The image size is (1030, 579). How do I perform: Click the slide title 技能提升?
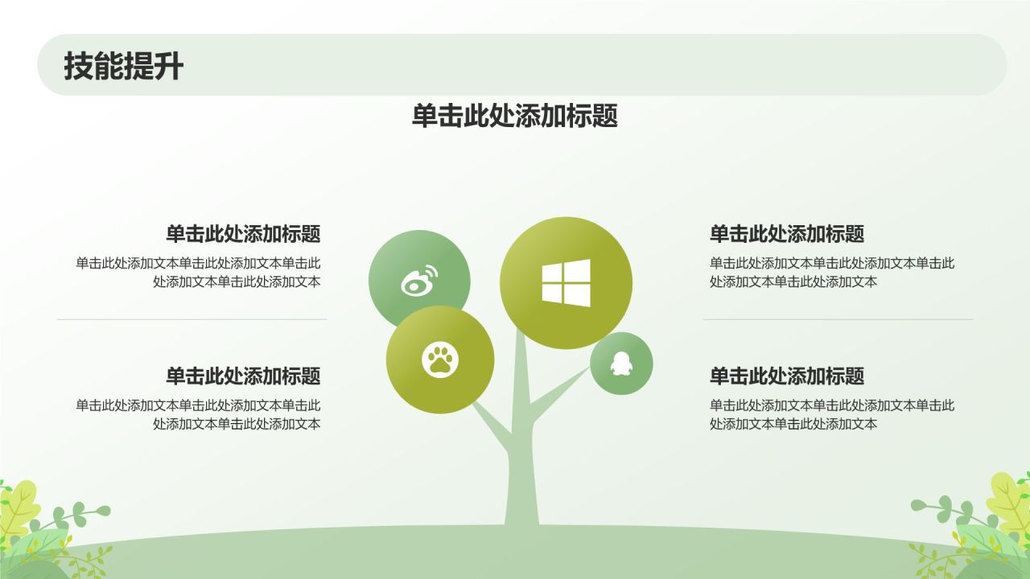pyautogui.click(x=123, y=66)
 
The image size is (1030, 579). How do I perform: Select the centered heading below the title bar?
pyautogui.click(x=514, y=116)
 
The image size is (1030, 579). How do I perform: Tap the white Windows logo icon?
pyautogui.click(x=566, y=282)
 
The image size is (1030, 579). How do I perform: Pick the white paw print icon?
pyautogui.click(x=439, y=359)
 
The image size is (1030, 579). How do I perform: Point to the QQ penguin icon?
pyautogui.click(x=620, y=363)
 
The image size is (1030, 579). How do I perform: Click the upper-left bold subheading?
pyautogui.click(x=243, y=234)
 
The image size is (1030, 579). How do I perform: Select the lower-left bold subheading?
pyautogui.click(x=243, y=376)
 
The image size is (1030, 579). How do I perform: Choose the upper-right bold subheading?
pyautogui.click(x=786, y=234)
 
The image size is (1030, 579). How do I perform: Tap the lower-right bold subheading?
pyautogui.click(x=786, y=376)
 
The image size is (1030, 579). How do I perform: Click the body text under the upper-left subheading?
pyautogui.click(x=198, y=272)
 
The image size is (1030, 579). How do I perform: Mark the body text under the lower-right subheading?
pyautogui.click(x=831, y=414)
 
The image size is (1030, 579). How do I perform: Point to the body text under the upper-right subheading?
pyautogui.click(x=831, y=272)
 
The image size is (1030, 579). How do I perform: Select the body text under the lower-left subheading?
pyautogui.click(x=198, y=414)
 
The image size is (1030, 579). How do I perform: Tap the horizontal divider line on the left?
pyautogui.click(x=192, y=319)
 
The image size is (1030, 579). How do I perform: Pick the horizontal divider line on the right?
pyautogui.click(x=838, y=319)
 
